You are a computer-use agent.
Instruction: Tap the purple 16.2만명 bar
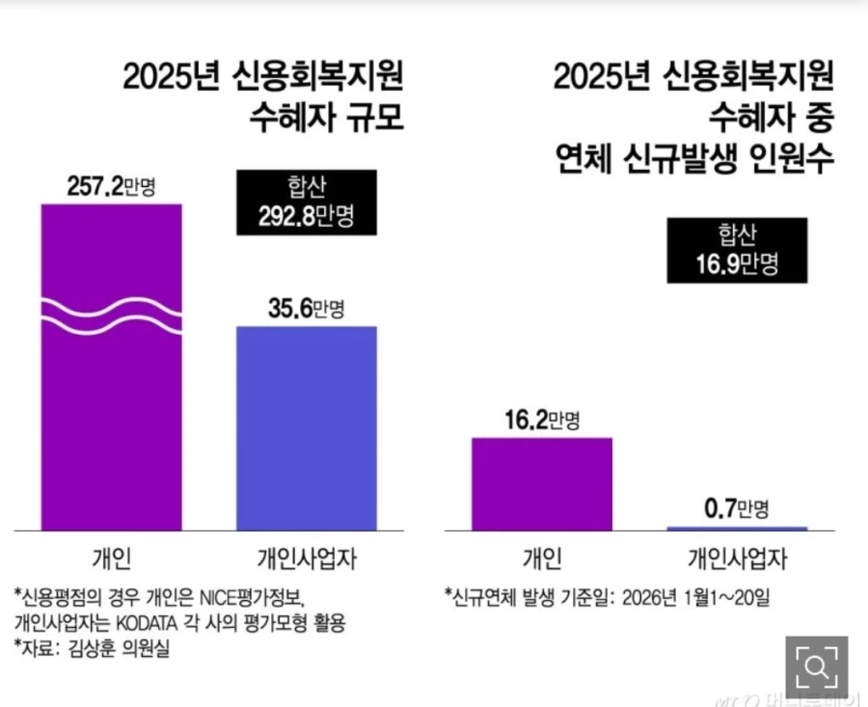[541, 483]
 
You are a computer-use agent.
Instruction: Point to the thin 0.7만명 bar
[737, 528]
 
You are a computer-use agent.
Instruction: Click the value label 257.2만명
[111, 186]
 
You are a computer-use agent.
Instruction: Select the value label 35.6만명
[307, 309]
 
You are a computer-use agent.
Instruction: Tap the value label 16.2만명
[541, 420]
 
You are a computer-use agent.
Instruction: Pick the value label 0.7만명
[737, 508]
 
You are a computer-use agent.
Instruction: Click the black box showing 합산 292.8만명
[307, 203]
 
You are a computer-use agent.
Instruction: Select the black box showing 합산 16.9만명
[737, 250]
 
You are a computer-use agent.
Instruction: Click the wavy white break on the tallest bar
[111, 316]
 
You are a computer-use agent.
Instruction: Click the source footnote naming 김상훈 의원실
[92, 649]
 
